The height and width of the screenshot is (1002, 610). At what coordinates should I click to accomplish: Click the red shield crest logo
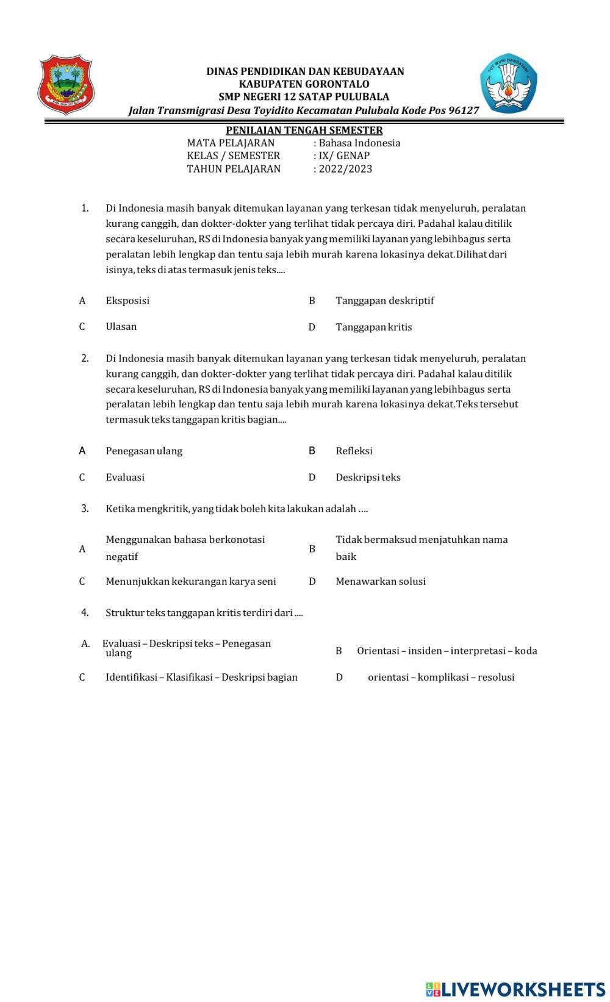click(x=66, y=85)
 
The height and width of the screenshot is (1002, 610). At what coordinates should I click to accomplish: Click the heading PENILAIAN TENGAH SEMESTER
click(x=304, y=130)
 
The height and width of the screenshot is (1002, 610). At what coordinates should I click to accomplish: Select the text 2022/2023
click(x=345, y=169)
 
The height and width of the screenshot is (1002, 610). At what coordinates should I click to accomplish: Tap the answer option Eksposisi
click(x=127, y=301)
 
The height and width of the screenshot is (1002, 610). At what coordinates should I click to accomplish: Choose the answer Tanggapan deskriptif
click(x=384, y=301)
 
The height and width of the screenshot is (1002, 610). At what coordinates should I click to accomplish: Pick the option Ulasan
click(x=121, y=327)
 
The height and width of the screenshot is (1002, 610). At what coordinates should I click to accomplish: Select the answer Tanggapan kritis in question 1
click(x=373, y=327)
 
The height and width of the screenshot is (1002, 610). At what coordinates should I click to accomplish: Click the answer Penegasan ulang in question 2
click(x=144, y=451)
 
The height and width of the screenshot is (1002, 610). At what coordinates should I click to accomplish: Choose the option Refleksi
click(x=354, y=451)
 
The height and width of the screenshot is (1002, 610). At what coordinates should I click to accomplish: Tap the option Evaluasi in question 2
click(x=125, y=478)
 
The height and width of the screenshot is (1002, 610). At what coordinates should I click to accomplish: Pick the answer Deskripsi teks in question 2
click(x=368, y=478)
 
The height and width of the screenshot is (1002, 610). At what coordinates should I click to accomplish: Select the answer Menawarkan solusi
click(x=380, y=582)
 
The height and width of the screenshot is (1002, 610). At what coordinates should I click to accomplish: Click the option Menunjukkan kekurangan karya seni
click(x=190, y=582)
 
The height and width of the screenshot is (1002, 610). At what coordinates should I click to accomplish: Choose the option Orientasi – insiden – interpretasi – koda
click(x=447, y=651)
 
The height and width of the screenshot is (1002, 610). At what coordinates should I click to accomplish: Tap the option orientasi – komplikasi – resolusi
click(x=440, y=678)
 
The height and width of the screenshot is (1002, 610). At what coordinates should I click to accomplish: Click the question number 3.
click(x=85, y=509)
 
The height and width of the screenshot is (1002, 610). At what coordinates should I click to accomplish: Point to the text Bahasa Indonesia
click(x=359, y=143)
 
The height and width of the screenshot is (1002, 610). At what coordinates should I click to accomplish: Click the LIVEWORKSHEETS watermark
click(x=515, y=989)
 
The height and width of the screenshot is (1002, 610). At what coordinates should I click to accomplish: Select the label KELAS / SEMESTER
click(x=233, y=156)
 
